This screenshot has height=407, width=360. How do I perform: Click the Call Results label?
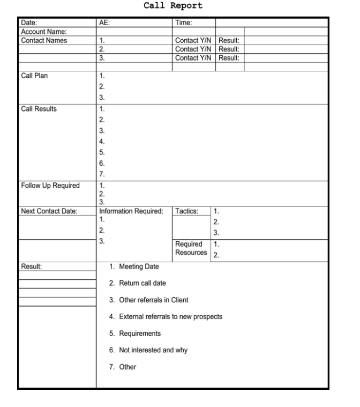(39, 109)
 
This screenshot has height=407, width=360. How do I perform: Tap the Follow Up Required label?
(50, 186)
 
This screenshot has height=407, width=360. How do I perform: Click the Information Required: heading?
(131, 211)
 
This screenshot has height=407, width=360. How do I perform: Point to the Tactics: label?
(187, 211)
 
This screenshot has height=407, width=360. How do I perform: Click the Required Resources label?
(191, 248)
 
